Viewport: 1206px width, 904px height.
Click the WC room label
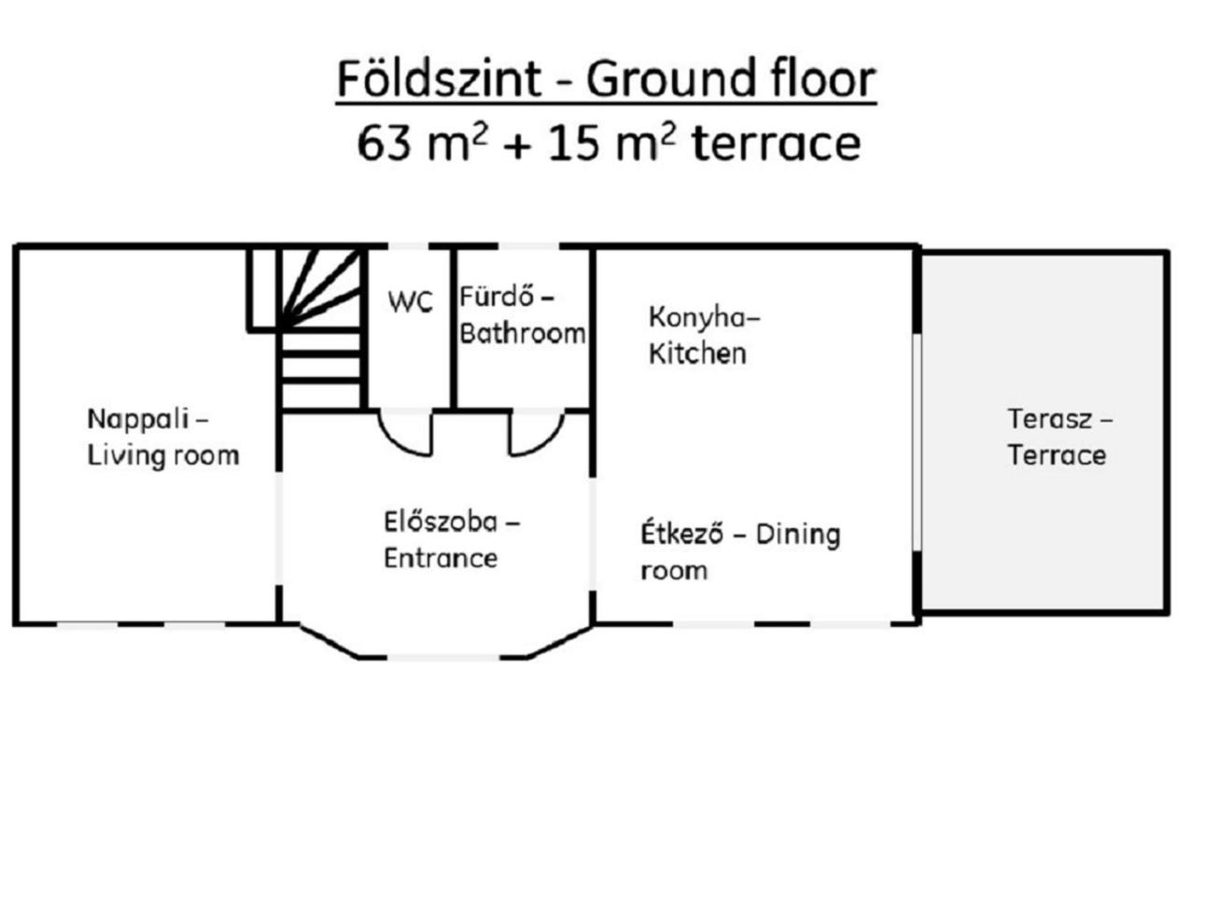410,300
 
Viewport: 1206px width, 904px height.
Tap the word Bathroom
522,333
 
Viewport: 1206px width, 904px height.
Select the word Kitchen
697,353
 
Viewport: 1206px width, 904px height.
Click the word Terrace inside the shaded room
1056,455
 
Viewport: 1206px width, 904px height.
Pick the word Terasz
1049,419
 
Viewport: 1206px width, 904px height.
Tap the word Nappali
138,419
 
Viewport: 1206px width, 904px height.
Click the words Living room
163,456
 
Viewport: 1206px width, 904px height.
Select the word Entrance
441,558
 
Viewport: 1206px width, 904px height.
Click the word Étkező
681,533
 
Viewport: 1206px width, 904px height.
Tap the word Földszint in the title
439,78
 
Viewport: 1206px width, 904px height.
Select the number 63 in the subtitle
384,144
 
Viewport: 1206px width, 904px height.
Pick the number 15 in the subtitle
572,144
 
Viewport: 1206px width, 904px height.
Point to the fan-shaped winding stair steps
320,288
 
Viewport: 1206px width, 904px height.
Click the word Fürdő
497,297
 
